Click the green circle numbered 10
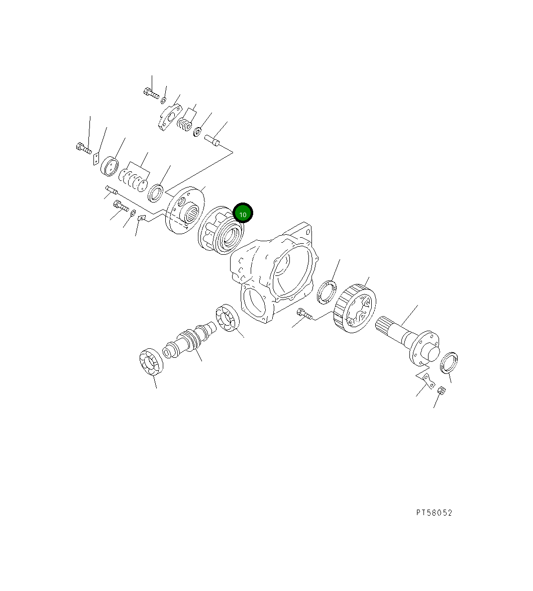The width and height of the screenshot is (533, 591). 243,213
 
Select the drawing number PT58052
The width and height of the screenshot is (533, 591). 434,513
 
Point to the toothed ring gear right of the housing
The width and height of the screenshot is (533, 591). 355,309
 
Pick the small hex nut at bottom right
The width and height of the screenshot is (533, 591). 442,390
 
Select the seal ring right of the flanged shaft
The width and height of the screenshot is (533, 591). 449,363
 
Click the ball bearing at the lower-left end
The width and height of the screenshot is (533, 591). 151,362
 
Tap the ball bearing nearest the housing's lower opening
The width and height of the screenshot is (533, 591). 228,318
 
